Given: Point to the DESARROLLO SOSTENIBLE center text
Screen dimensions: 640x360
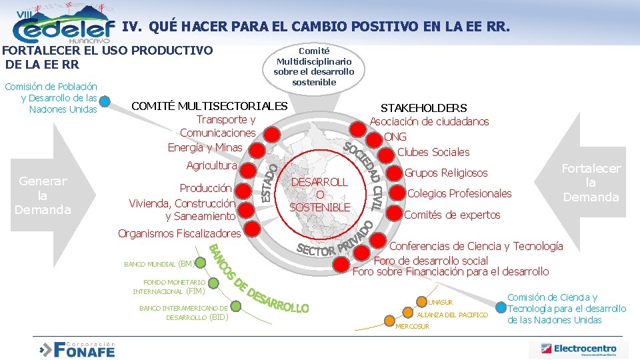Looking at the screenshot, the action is [320, 195].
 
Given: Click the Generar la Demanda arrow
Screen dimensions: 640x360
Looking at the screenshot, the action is [44, 195].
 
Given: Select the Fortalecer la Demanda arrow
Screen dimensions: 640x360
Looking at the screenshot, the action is [591, 183].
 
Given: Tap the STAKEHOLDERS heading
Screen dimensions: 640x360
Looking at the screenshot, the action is [423, 108].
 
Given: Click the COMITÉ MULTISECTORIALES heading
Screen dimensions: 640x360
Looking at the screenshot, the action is [210, 106].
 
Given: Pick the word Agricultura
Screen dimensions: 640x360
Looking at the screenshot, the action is [211, 165].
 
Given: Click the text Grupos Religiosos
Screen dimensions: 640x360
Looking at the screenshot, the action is [446, 173].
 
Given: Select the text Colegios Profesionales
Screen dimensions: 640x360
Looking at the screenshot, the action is [459, 193].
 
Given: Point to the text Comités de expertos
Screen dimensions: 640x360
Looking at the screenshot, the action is [452, 215].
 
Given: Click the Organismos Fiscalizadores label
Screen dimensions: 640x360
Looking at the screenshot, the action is [179, 233].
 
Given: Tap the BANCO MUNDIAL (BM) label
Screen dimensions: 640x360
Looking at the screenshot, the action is [159, 264].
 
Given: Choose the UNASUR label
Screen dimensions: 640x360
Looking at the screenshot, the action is [440, 303].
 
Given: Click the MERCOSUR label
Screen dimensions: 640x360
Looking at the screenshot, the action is [413, 327].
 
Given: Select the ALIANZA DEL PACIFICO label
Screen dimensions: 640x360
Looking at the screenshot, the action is [452, 315].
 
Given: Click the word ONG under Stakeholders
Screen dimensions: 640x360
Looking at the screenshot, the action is [395, 137].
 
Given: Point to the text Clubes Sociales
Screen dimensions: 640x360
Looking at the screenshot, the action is [433, 152].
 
